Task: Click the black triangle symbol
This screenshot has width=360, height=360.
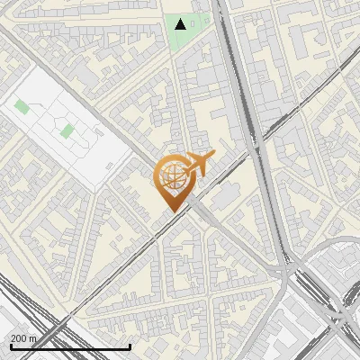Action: [x=181, y=24]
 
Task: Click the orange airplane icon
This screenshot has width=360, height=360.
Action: [x=198, y=164]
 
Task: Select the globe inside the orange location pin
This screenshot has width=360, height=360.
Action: [x=171, y=177]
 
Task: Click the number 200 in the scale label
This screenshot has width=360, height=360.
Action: [x=19, y=338]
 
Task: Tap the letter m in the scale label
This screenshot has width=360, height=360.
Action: [x=34, y=338]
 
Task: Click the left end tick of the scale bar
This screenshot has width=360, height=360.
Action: [x=9, y=346]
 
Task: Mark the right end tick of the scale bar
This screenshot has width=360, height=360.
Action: [x=130, y=346]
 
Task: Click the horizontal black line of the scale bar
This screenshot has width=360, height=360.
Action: [x=70, y=346]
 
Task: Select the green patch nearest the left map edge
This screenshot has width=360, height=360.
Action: [x=21, y=107]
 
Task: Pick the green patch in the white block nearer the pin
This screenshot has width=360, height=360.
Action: [x=67, y=131]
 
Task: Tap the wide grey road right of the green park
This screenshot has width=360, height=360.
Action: [x=232, y=54]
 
